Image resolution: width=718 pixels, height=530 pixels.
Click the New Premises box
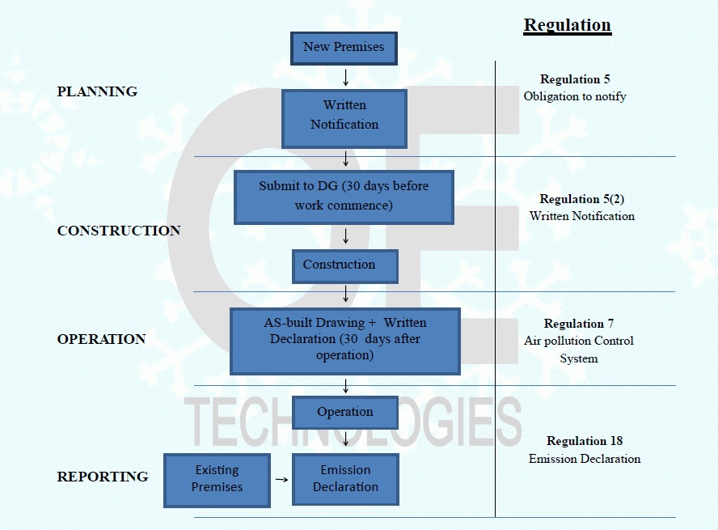(x=344, y=48)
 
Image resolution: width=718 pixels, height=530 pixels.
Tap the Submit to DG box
(x=344, y=197)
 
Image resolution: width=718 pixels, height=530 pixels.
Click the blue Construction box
(x=345, y=265)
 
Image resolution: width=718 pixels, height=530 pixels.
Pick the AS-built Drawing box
(x=344, y=341)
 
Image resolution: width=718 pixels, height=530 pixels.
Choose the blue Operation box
(x=345, y=413)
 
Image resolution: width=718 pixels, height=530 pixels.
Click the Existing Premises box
(x=217, y=480)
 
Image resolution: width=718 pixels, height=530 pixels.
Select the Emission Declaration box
(x=345, y=480)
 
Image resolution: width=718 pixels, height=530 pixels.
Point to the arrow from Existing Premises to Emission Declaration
(x=281, y=480)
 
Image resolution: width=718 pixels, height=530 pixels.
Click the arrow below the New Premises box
(x=346, y=78)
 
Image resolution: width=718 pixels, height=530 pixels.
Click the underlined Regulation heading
(x=567, y=25)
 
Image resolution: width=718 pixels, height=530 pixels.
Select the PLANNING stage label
(x=97, y=91)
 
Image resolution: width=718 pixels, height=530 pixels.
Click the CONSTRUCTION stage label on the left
(x=119, y=231)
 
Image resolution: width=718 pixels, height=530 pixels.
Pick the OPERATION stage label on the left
(x=101, y=339)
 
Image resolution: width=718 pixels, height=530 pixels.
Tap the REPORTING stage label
(x=103, y=477)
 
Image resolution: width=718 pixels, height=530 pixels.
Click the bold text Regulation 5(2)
(x=581, y=199)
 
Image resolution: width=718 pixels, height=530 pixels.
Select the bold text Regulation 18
(x=585, y=441)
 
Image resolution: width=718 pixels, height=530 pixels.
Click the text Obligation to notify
(x=574, y=96)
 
